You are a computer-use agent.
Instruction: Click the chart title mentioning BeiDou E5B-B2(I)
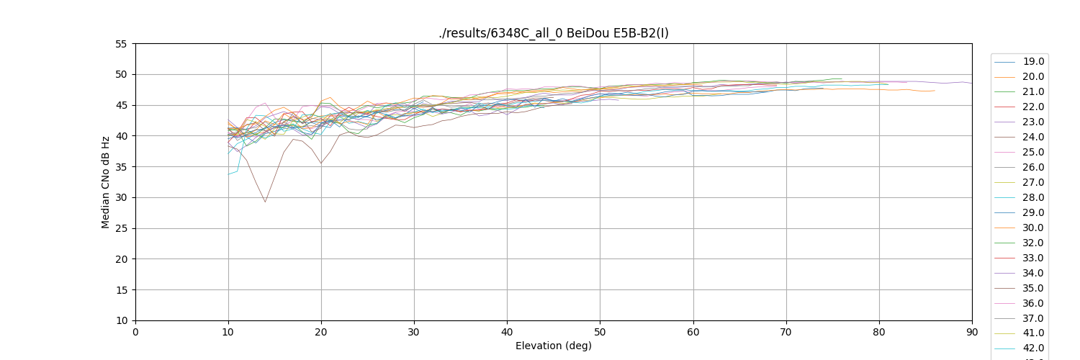coord(553,33)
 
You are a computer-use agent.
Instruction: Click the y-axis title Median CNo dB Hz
coord(106,182)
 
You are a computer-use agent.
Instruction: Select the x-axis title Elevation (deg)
coord(553,346)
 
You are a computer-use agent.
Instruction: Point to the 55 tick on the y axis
coord(120,44)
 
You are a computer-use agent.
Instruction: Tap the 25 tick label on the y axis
coord(120,228)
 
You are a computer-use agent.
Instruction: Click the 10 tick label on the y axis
coord(120,320)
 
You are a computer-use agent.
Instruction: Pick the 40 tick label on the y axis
coord(120,136)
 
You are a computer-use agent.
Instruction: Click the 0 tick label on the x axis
coord(135,331)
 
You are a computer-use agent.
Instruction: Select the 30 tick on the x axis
coord(414,331)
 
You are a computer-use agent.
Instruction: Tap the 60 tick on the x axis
coord(693,331)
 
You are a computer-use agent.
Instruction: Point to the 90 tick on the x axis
coord(972,331)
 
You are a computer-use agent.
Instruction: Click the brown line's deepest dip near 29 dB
coord(265,202)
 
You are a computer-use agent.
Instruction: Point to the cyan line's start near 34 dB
coord(229,174)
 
